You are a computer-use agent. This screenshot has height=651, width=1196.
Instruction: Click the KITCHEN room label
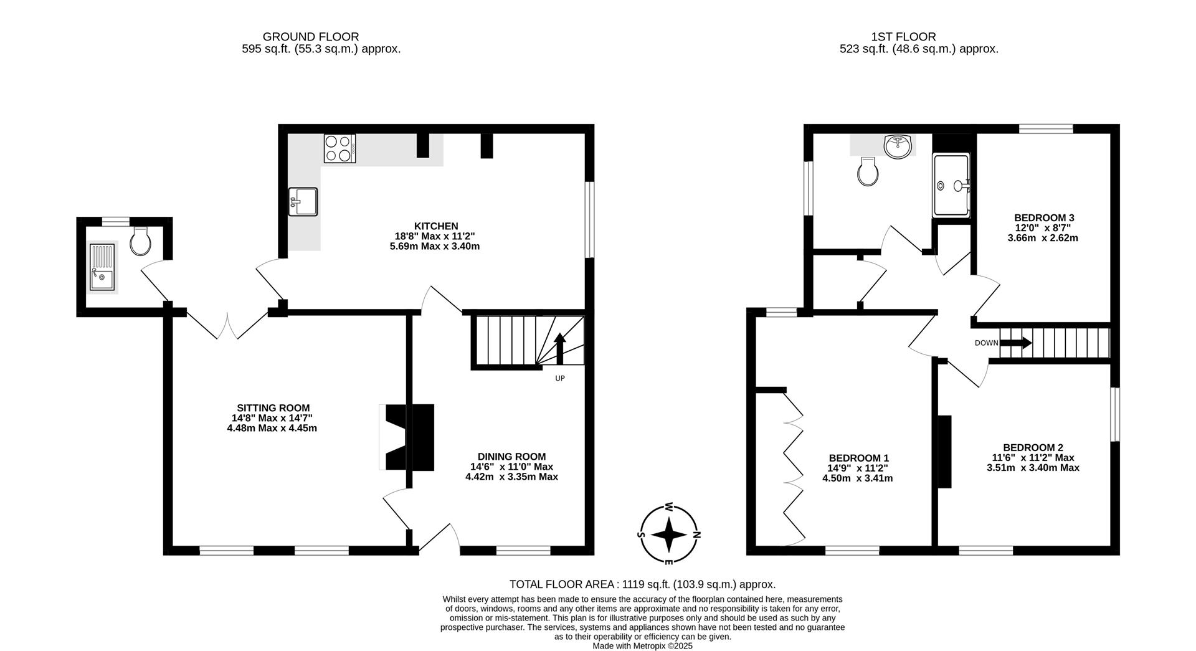pyautogui.click(x=435, y=226)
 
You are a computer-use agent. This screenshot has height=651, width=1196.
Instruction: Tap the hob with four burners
pyautogui.click(x=339, y=149)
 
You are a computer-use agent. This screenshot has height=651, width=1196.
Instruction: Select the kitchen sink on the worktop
pyautogui.click(x=303, y=202)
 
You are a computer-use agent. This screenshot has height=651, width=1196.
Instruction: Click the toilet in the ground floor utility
pyautogui.click(x=141, y=241)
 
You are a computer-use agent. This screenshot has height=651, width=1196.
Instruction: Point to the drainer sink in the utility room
pyautogui.click(x=102, y=267)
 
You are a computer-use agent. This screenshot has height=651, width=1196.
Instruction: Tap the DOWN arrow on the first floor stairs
pyautogui.click(x=1015, y=343)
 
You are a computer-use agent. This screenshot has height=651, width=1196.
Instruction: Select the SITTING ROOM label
pyautogui.click(x=273, y=408)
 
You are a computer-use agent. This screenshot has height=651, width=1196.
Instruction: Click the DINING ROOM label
pyautogui.click(x=511, y=457)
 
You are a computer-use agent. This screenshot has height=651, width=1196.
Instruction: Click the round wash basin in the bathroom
pyautogui.click(x=898, y=146)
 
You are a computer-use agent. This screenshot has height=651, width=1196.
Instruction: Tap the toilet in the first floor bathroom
pyautogui.click(x=868, y=171)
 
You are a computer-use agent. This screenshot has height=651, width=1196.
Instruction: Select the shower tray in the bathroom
pyautogui.click(x=951, y=186)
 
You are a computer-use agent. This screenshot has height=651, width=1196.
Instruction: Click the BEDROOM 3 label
pyautogui.click(x=1044, y=218)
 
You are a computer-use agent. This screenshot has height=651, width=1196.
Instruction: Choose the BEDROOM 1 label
pyautogui.click(x=858, y=458)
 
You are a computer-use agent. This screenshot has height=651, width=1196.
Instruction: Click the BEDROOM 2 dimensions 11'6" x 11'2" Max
pyautogui.click(x=1033, y=457)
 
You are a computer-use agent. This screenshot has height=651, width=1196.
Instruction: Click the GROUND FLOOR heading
pyautogui.click(x=310, y=37)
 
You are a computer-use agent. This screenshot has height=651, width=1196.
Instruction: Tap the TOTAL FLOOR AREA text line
pyautogui.click(x=642, y=584)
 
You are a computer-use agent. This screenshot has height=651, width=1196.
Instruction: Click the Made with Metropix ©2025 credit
pyautogui.click(x=642, y=646)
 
